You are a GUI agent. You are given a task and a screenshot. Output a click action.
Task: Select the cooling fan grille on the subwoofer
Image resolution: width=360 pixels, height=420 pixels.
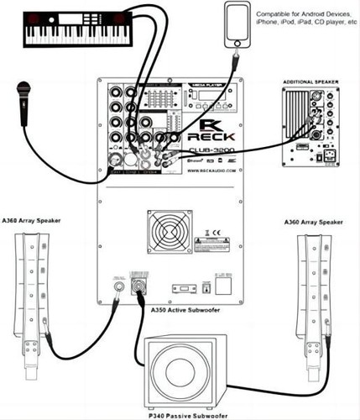(165, 234)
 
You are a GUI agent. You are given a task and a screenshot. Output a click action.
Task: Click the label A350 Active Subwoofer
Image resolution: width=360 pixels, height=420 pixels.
(179, 309)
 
